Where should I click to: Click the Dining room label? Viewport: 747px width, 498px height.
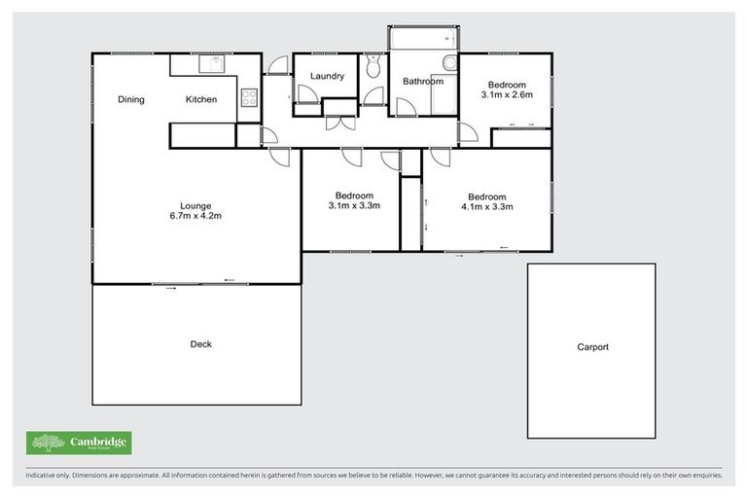(x=131, y=99)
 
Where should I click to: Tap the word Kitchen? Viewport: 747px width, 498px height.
(x=201, y=99)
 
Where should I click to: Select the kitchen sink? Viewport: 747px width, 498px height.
(x=213, y=64)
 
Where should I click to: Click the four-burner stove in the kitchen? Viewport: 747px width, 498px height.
(x=248, y=97)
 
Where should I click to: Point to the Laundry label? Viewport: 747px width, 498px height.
(x=328, y=76)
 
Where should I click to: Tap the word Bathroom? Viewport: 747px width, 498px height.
(x=423, y=82)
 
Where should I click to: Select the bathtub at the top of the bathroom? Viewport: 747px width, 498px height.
(x=422, y=38)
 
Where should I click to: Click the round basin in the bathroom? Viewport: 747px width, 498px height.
(x=449, y=64)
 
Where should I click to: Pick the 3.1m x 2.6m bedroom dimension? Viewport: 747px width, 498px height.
(x=505, y=95)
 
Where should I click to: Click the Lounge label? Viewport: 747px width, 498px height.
(x=195, y=204)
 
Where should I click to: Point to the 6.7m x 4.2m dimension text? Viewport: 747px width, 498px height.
(x=195, y=217)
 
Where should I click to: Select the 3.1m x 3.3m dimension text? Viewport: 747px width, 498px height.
(x=354, y=205)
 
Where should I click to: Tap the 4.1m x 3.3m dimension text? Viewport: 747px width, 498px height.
(x=486, y=206)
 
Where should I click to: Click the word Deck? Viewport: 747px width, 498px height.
(x=201, y=344)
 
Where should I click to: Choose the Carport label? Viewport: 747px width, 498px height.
(x=592, y=347)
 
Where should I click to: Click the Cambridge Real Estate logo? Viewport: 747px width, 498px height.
(x=79, y=444)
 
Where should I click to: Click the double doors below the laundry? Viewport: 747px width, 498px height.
(x=339, y=122)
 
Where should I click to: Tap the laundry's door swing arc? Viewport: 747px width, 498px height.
(x=305, y=93)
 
